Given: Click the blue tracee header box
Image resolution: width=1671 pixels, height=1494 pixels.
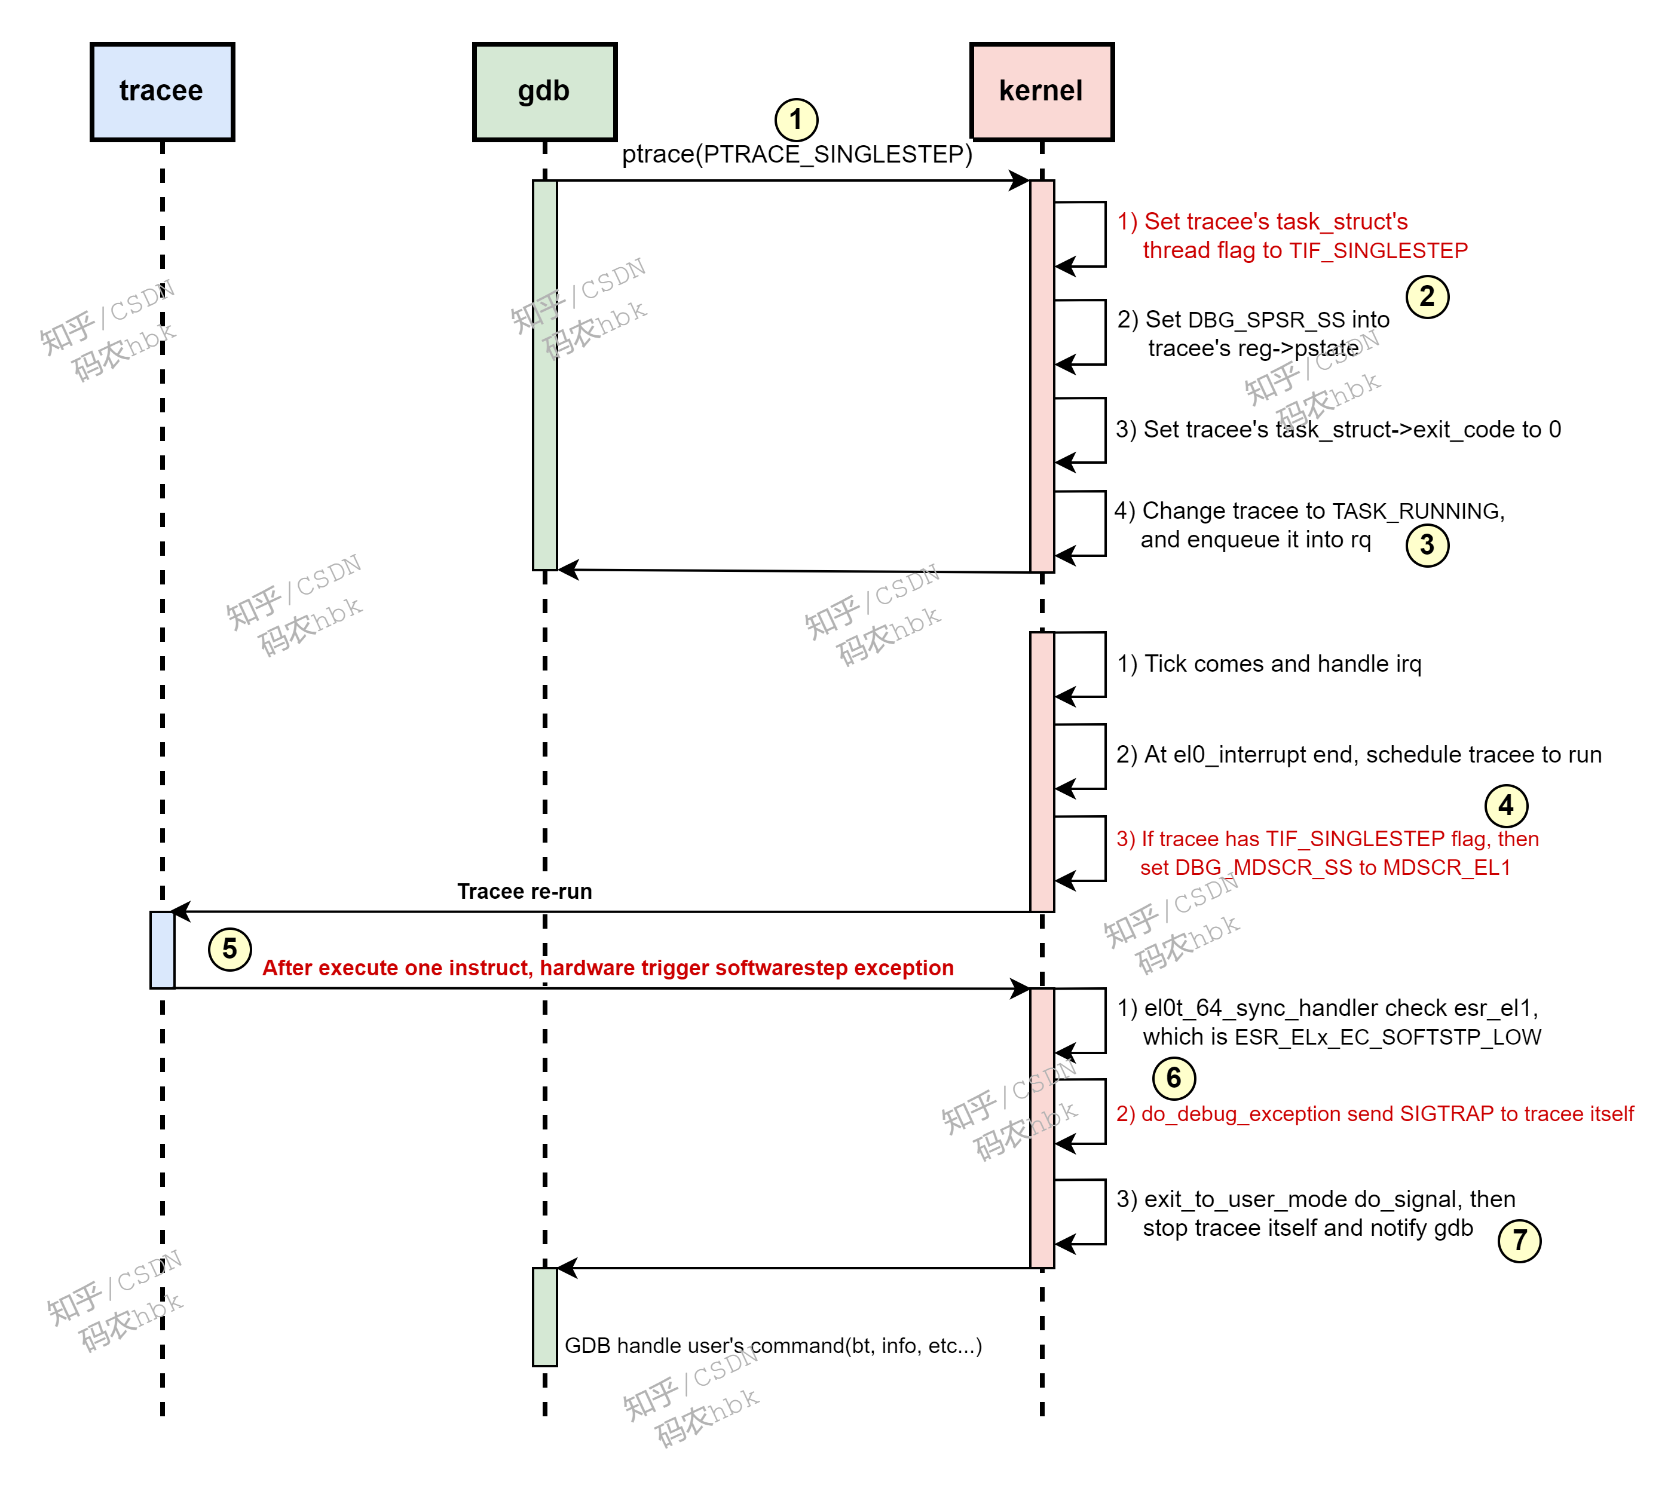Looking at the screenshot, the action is [162, 91].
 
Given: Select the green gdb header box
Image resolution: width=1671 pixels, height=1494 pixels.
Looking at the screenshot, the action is [544, 91].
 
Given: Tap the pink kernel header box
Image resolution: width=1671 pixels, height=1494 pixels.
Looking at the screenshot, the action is [1040, 91].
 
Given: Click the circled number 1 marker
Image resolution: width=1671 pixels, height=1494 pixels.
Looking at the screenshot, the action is [795, 120].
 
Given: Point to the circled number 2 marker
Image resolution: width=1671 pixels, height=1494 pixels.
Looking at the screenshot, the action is [1427, 296].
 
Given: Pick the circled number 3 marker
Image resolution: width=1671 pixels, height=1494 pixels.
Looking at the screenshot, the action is [1427, 545].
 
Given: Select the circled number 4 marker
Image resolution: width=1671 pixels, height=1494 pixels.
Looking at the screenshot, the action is [1505, 806].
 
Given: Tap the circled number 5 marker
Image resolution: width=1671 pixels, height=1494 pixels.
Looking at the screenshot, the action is [230, 949].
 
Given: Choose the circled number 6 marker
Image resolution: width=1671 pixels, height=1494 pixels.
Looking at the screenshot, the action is [1174, 1078].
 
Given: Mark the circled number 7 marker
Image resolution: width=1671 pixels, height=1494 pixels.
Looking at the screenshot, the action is [1519, 1241].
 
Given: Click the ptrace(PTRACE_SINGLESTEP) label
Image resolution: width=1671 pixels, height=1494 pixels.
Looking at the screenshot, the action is [796, 154].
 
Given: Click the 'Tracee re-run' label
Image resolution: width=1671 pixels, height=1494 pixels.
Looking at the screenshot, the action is [525, 892].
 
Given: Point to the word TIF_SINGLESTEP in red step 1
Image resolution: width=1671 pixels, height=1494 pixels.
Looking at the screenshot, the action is [1378, 250].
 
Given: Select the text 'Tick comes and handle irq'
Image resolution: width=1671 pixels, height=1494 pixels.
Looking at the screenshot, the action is [1282, 663].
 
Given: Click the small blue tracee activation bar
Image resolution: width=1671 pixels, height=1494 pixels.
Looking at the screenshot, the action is [162, 950].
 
